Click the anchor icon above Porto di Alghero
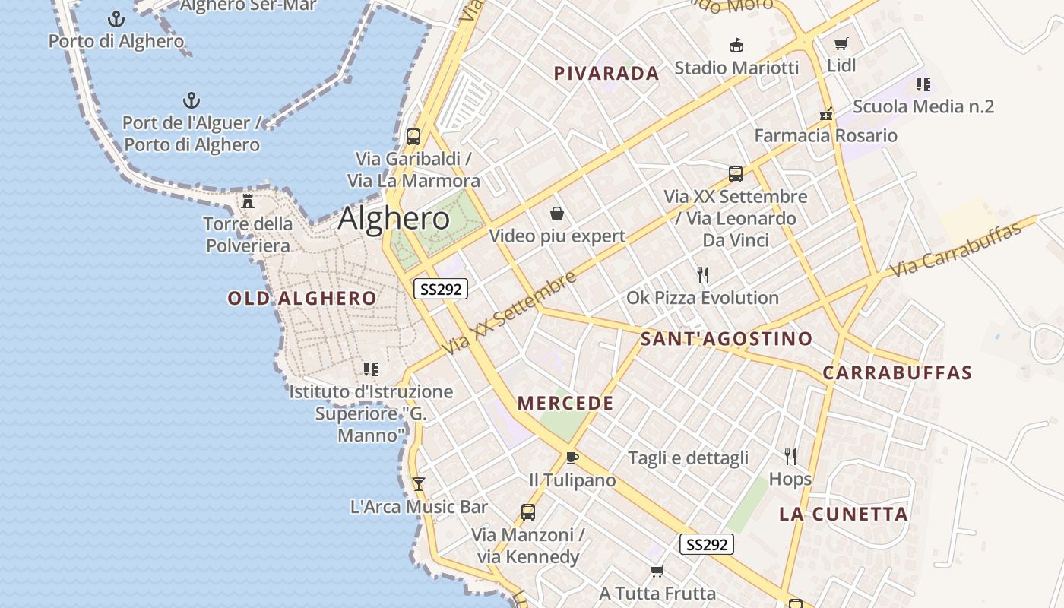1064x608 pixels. coord(116,18)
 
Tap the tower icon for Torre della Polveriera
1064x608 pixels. coord(248,201)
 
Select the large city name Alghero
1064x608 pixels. coord(394,219)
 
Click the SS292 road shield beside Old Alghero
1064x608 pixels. coord(440,289)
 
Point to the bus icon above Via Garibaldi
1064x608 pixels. coord(413,137)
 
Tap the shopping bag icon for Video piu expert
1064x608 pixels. coord(557,214)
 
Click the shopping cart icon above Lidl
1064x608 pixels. coord(841,43)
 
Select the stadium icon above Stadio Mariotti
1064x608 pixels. coord(736,46)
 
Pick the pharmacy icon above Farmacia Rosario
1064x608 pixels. coord(826,114)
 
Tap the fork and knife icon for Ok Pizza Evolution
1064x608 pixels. coord(702,274)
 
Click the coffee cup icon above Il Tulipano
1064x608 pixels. coord(572,458)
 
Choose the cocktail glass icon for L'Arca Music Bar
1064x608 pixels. coord(418,483)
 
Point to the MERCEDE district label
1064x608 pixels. coord(565,404)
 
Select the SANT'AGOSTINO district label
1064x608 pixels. coord(727,339)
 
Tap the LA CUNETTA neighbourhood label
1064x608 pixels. coord(844,515)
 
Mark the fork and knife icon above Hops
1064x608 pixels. coord(790,456)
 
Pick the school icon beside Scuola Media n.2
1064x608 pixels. coord(923,84)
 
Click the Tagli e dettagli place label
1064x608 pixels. coord(688,458)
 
